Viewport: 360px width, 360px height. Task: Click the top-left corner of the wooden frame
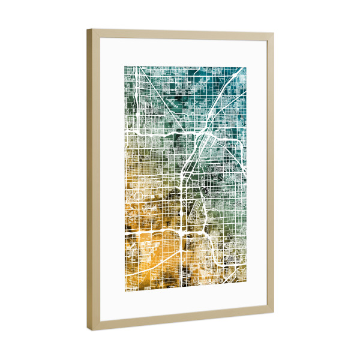click(x=87, y=29)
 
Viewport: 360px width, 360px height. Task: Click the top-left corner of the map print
click(x=125, y=66)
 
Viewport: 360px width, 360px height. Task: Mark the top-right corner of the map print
click(x=246, y=68)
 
